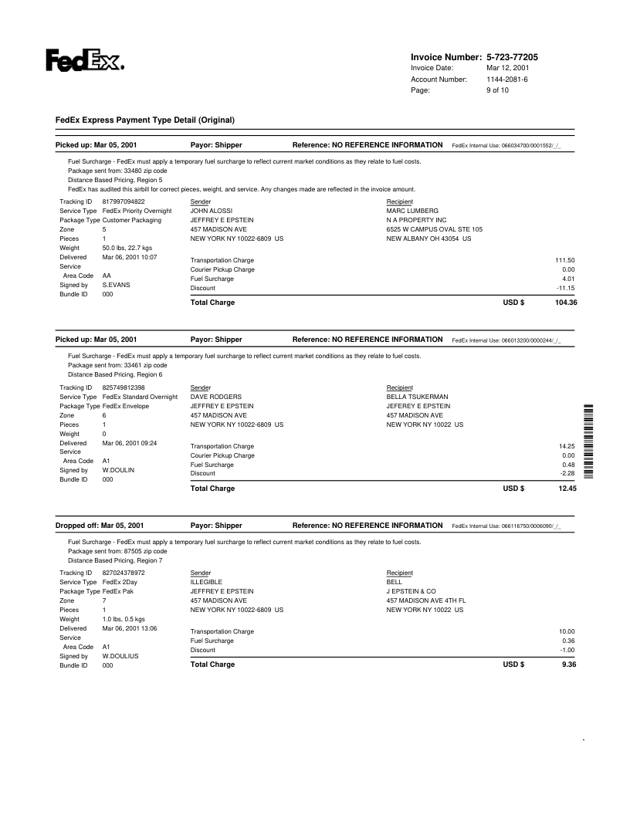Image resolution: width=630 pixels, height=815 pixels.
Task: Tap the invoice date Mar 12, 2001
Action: [x=507, y=68]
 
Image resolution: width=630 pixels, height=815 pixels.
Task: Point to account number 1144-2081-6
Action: [x=507, y=79]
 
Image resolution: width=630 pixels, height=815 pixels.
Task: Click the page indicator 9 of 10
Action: [x=497, y=90]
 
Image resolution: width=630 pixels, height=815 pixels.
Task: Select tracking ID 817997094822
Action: [x=124, y=201]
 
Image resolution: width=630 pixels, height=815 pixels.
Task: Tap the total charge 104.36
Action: [x=566, y=303]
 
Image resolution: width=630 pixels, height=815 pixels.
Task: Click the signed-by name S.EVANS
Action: [x=116, y=284]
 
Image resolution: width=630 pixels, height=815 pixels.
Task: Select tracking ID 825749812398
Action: [x=124, y=387]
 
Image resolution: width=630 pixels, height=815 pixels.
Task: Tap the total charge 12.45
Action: [x=567, y=489]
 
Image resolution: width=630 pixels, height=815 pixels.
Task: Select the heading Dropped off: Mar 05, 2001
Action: [x=100, y=526]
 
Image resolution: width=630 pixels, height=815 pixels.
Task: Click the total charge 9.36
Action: [x=569, y=665]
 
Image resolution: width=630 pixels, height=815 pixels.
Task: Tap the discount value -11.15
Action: [x=565, y=288]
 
